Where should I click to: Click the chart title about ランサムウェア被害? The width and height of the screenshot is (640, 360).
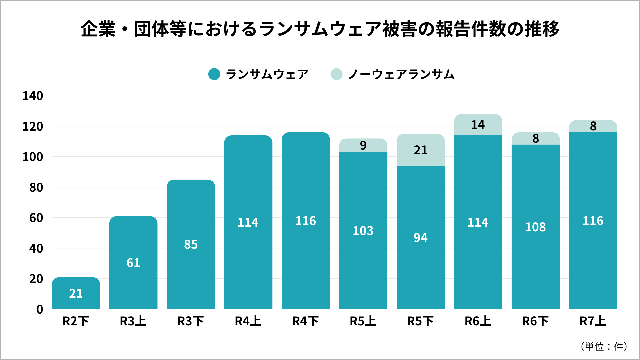pos(320,29)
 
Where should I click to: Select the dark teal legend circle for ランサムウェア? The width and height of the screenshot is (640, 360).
pos(214,74)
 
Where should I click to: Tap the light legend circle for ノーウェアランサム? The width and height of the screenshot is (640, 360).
pos(336,74)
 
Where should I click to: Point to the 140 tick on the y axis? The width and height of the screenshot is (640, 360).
pos(33,96)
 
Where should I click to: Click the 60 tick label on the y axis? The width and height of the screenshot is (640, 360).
pos(36,218)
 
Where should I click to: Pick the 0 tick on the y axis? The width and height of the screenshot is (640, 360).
pos(40,309)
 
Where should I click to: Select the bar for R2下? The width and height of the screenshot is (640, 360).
pos(76,293)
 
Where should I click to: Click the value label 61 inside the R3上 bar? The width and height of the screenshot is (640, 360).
pos(133,263)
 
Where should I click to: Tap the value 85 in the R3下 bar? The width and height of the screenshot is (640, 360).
pos(191,244)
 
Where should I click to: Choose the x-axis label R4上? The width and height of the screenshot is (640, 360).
pos(248,321)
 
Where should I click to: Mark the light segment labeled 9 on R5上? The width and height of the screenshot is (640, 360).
pos(363,146)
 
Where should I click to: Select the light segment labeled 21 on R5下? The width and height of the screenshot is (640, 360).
pos(420,150)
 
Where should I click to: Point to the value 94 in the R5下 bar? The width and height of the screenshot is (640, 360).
pos(420,238)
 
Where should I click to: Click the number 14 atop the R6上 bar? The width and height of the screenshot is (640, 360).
pos(478,125)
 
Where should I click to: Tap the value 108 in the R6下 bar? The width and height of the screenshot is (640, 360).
pos(535,227)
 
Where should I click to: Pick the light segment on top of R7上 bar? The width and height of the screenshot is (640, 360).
pos(593,126)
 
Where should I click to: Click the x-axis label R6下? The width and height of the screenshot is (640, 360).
pos(535,321)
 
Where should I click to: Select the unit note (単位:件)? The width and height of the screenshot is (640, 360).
pos(604,347)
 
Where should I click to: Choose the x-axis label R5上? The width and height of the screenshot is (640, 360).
pos(363,321)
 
